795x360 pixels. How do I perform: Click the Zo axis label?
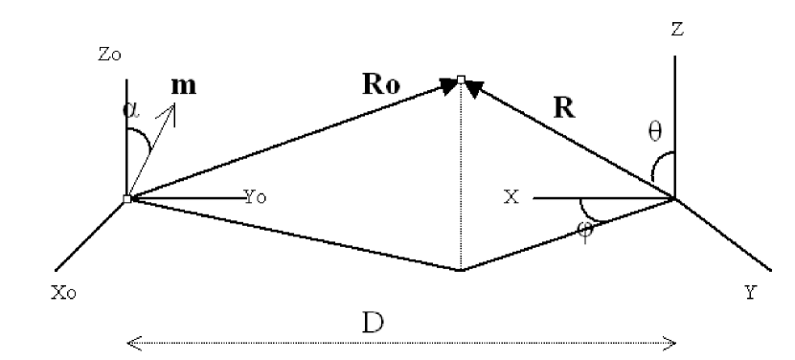pyautogui.click(x=109, y=56)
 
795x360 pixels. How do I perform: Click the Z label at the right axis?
pyautogui.click(x=677, y=30)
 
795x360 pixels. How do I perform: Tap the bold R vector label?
pyautogui.click(x=564, y=108)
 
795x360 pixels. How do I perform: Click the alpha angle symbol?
pyautogui.click(x=131, y=108)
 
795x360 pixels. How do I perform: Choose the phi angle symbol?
pyautogui.click(x=586, y=230)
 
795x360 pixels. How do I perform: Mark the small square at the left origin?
pyautogui.click(x=126, y=199)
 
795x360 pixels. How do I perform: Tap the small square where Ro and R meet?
pyautogui.click(x=461, y=79)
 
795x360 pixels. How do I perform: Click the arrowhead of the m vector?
pyautogui.click(x=172, y=107)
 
